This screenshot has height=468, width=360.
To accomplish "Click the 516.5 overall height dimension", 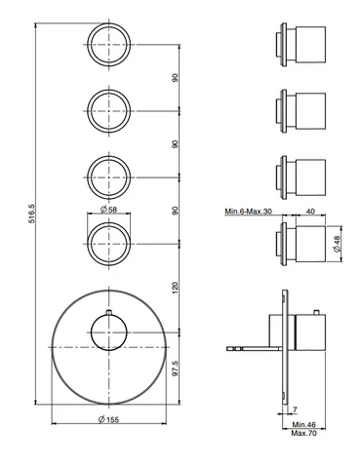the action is [x=32, y=214].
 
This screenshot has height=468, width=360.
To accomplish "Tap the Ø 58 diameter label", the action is [x=108, y=210].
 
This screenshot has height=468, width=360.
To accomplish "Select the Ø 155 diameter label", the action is [x=108, y=419].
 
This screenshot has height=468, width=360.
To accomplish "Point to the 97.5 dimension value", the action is [x=176, y=369].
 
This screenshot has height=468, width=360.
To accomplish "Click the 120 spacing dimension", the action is [x=176, y=288].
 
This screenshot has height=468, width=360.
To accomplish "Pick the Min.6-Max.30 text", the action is [x=249, y=212].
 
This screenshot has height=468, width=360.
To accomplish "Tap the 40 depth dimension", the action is [x=310, y=212].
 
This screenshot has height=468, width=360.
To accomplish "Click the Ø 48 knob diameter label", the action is [x=337, y=244].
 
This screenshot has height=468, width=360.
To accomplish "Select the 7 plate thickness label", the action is [x=295, y=410].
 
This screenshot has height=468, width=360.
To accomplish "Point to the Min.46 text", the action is [x=304, y=424].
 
